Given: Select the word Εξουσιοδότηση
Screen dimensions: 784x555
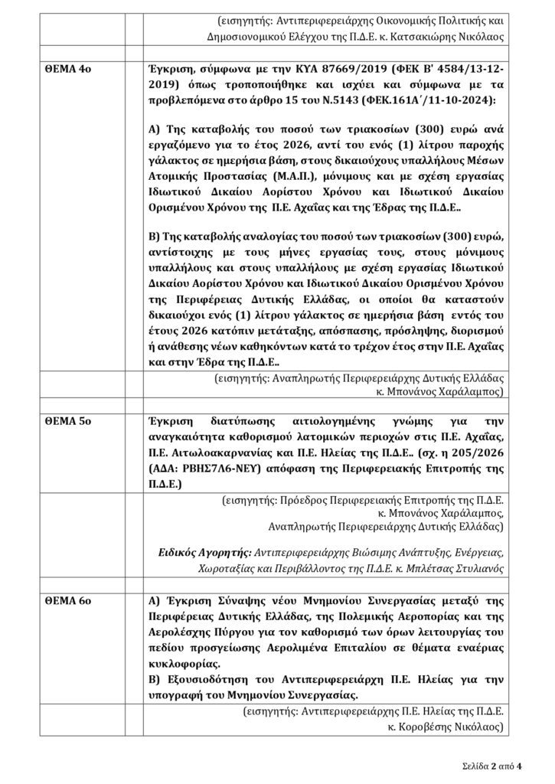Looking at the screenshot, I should click(202, 679).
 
